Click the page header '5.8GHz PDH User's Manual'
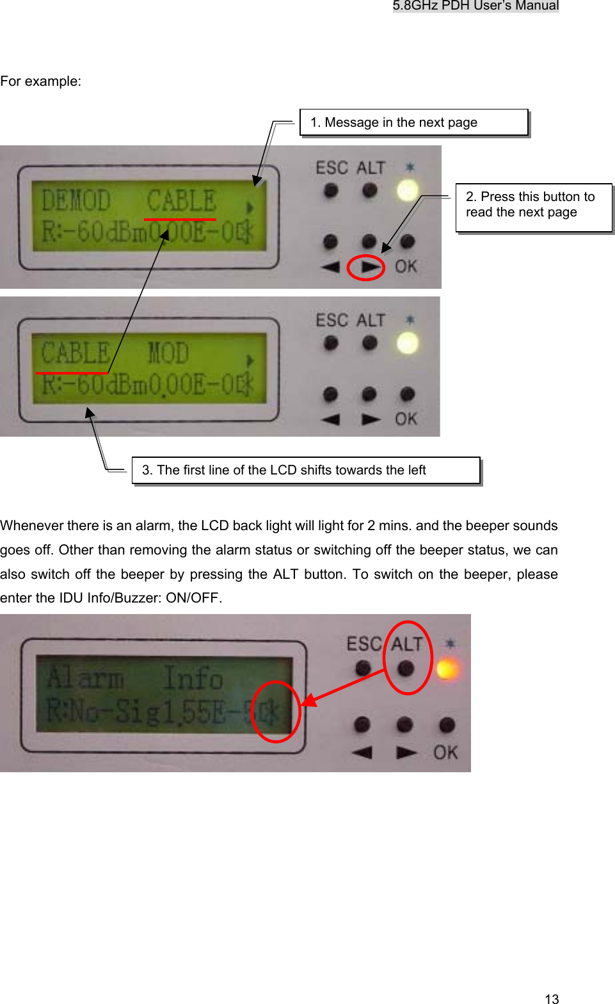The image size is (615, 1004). click(475, 6)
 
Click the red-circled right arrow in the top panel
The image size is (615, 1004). click(369, 267)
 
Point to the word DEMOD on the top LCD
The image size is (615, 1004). click(76, 200)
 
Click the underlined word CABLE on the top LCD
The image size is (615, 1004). click(181, 201)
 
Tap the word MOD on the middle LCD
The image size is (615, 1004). click(168, 353)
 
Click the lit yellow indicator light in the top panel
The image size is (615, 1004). click(408, 190)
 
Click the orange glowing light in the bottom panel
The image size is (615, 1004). click(447, 670)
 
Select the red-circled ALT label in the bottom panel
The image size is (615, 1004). click(407, 644)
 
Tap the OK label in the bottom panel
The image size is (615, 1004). click(445, 752)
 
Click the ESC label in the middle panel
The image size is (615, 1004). click(331, 320)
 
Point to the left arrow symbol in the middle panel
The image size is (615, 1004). click(330, 419)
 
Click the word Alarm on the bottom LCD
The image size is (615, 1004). click(85, 677)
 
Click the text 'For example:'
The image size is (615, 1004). click(41, 81)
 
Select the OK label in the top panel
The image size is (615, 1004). click(406, 266)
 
